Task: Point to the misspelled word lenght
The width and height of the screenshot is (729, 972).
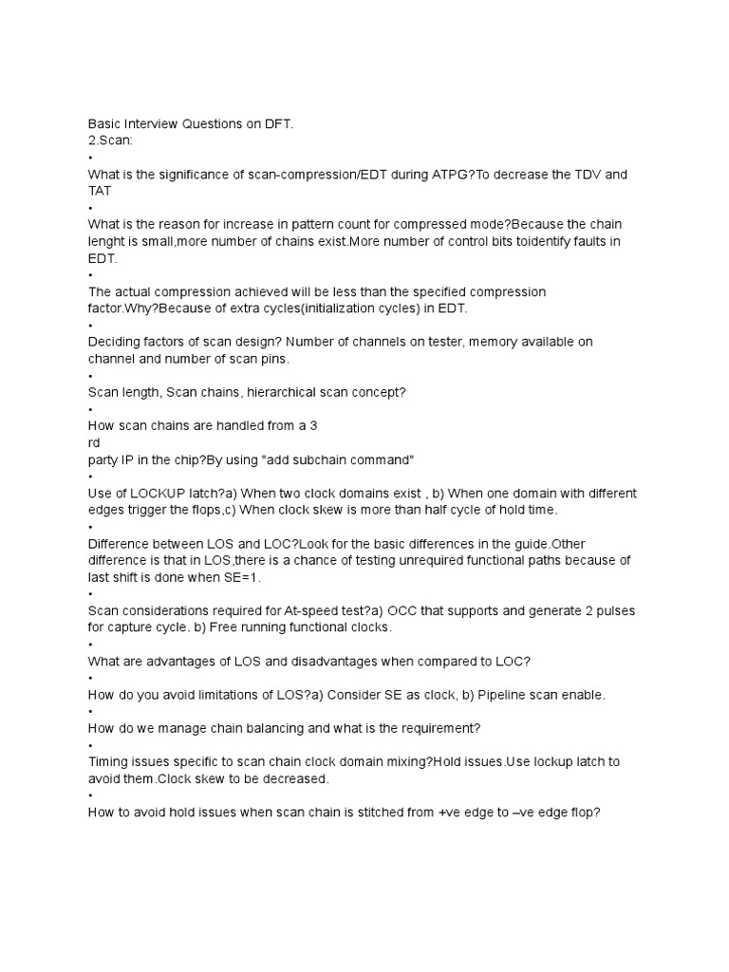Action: click(x=108, y=241)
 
